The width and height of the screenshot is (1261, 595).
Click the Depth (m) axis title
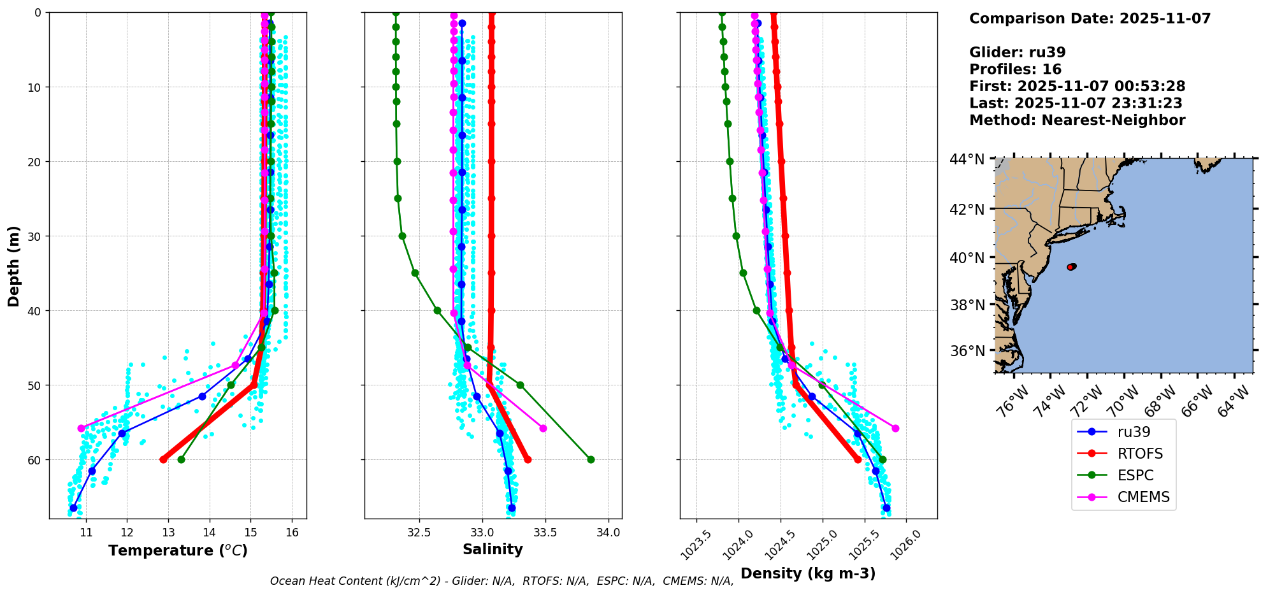[x=13, y=266]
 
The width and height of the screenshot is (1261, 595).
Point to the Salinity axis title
[x=493, y=549]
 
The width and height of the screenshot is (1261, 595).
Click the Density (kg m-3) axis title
[x=807, y=573]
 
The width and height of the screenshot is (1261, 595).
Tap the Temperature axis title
[x=178, y=550]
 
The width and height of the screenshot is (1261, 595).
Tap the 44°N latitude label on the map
[x=967, y=159]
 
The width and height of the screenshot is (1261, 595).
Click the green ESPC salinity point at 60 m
[x=591, y=459]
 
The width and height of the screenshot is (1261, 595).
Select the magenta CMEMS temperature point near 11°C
[x=81, y=428]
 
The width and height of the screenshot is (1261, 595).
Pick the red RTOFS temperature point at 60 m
[x=163, y=459]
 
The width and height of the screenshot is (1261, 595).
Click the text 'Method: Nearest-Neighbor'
[x=1077, y=120]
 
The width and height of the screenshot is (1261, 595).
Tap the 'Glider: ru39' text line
[x=1017, y=53]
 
